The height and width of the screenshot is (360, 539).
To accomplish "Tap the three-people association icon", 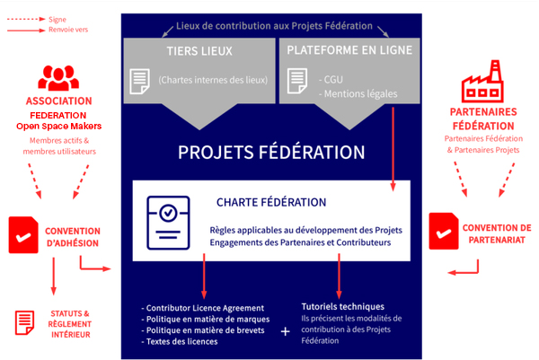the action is click(58, 78).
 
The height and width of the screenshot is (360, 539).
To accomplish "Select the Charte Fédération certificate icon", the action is click(168, 223).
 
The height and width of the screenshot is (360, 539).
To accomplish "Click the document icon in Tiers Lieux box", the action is click(139, 82).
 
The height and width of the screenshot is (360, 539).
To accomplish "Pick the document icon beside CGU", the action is click(297, 81).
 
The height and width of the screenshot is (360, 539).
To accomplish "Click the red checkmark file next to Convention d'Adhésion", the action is click(23, 235).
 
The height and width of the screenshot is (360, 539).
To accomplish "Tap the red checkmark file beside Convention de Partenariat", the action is click(444, 232).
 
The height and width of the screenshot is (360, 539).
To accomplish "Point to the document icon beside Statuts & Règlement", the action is click(24, 322).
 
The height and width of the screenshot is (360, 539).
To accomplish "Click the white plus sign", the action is click(285, 331).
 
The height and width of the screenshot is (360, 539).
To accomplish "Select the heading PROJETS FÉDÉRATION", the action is click(271, 153).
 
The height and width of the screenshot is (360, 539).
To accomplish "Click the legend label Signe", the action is click(57, 20).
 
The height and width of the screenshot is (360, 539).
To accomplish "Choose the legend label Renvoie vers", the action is click(68, 30).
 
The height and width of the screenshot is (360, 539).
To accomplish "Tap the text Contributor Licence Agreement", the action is click(205, 308).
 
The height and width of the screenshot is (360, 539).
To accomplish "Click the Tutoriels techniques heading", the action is click(343, 306).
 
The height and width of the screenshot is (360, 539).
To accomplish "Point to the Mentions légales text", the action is click(360, 93).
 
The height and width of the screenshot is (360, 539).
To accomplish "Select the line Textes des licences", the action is click(181, 341).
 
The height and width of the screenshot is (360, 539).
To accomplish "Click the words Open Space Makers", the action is click(58, 126).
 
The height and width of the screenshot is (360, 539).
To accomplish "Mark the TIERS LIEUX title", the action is click(199, 51).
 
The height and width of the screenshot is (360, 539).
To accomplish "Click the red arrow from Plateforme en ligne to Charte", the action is click(393, 149).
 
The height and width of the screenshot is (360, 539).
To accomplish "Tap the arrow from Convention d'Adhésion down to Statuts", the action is click(53, 277).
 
